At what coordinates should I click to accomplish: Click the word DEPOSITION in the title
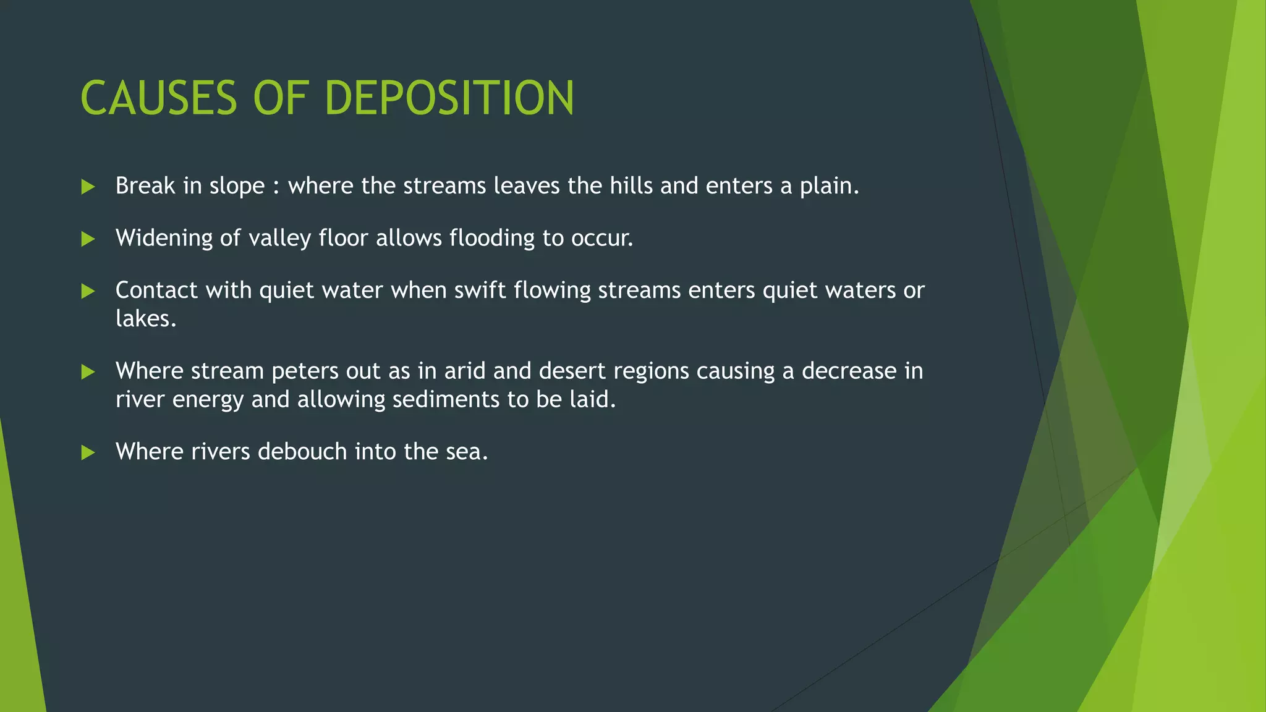(449, 98)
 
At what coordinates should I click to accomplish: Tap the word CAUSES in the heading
(159, 98)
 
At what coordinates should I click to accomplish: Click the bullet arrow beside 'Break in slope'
(88, 187)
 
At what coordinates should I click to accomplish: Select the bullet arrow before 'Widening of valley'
(88, 239)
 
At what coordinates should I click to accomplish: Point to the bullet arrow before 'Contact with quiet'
(88, 291)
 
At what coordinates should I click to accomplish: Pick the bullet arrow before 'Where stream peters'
(88, 371)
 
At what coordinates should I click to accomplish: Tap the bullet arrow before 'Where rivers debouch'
(88, 452)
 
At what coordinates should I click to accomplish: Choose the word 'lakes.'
(146, 319)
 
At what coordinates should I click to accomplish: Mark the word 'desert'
(572, 371)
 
